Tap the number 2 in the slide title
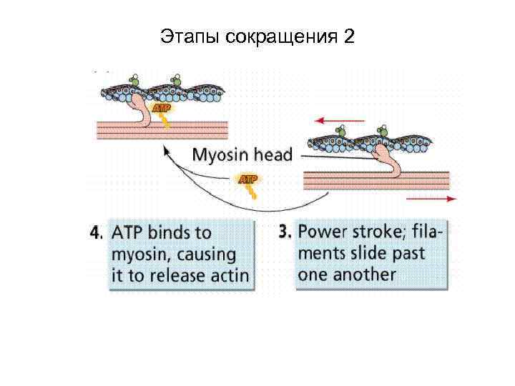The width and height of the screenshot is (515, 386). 348,36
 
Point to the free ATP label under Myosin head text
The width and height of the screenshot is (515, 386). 247,178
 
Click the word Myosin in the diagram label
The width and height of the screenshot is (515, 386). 222,155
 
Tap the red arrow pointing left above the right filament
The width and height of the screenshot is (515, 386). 330,121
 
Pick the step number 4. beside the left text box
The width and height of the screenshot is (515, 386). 98,233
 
